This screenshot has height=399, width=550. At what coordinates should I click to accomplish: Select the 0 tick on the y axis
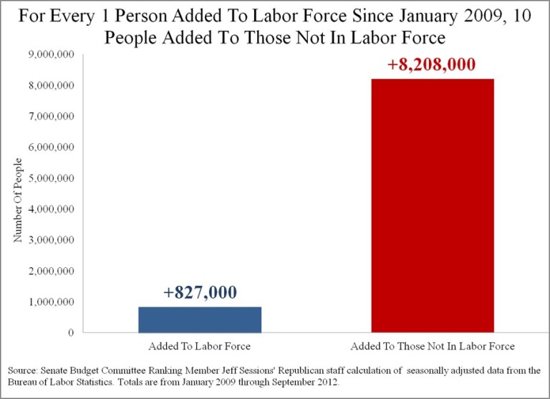coord(71,333)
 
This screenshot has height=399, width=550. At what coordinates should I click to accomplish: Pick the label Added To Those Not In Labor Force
coord(432,347)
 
